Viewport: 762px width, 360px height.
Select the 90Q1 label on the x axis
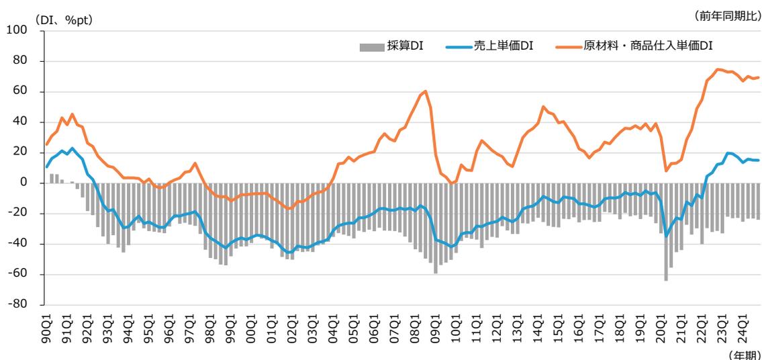point(47,325)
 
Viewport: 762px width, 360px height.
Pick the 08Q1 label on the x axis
point(415,325)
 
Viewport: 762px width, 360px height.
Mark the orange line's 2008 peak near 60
point(426,91)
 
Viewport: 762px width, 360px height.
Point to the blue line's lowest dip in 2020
point(666,236)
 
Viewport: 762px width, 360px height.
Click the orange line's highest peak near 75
point(718,69)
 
